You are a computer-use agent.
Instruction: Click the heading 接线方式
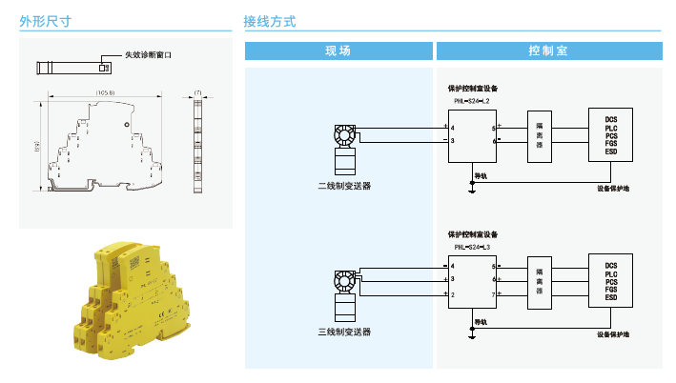point(271,20)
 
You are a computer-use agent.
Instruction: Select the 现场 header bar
point(338,50)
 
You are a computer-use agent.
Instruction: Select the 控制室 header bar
point(548,50)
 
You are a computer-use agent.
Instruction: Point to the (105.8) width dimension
point(105,92)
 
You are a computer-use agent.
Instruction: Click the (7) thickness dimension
point(197,92)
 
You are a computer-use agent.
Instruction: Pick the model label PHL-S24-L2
point(471,101)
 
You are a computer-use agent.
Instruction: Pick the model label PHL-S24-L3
point(471,246)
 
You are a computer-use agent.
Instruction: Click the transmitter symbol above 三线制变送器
point(344,282)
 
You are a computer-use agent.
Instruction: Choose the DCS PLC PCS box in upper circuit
point(611,135)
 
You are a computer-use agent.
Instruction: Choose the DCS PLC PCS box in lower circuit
point(611,281)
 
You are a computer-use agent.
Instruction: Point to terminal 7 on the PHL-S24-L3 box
point(493,295)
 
